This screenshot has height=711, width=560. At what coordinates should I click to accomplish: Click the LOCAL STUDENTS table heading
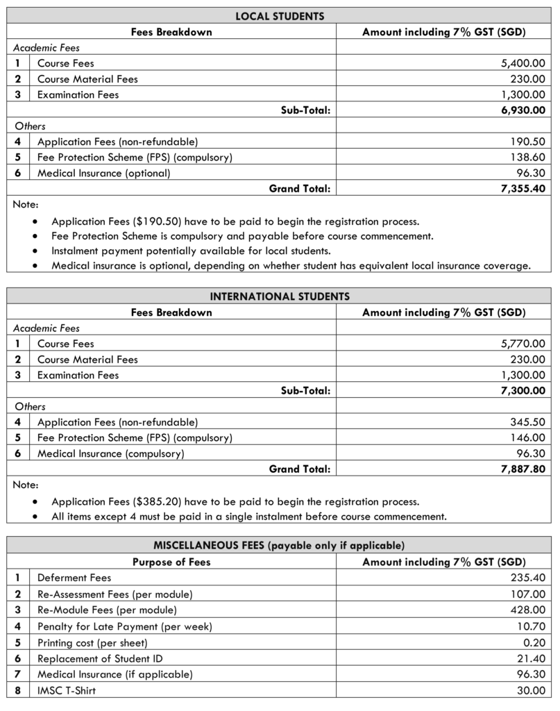(280, 15)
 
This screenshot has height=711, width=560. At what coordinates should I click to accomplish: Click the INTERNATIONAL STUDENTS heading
(280, 296)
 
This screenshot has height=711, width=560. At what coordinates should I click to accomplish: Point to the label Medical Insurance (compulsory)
(110, 453)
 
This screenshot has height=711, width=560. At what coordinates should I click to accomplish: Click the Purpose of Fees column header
(171, 562)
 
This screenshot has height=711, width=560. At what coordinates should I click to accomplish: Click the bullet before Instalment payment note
(36, 251)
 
